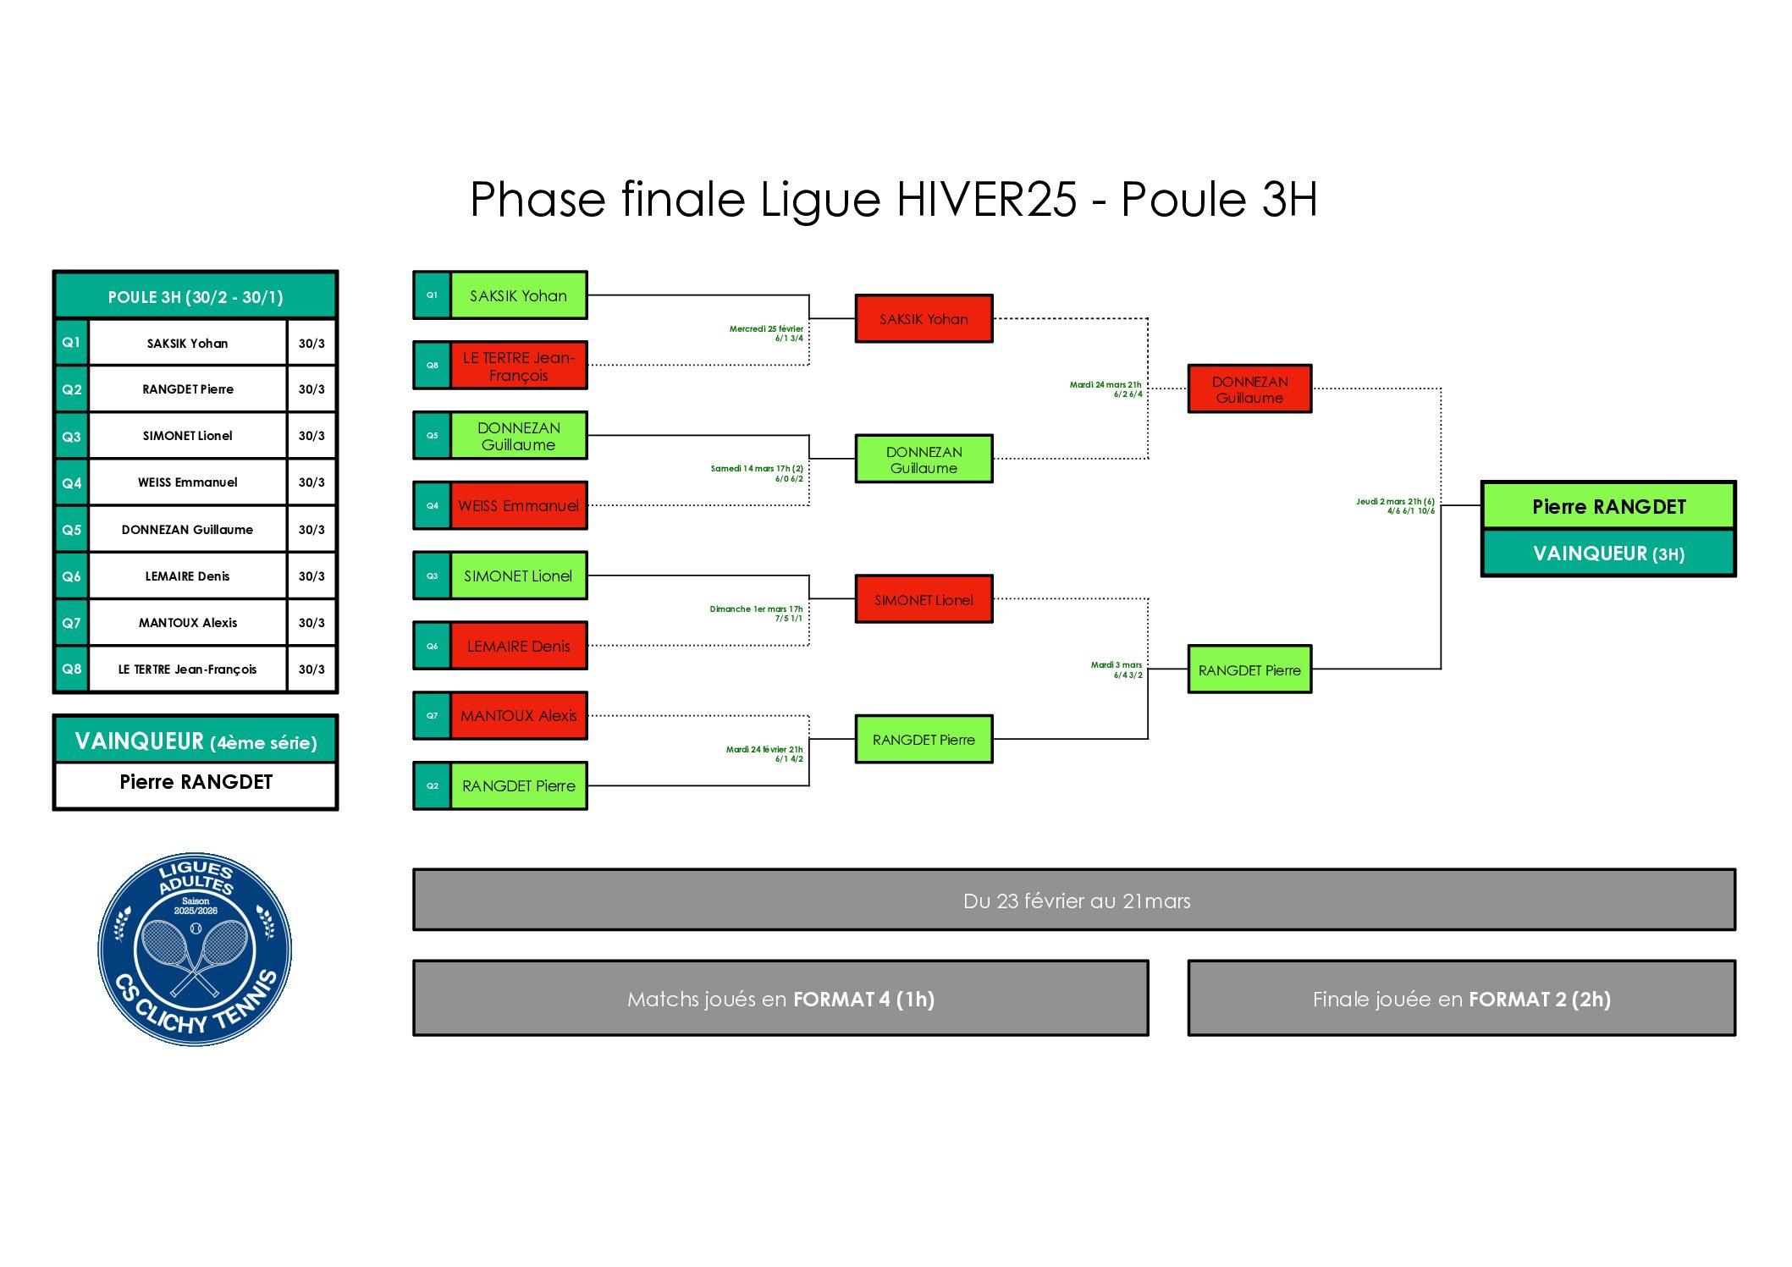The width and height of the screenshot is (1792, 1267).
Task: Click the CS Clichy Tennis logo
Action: coord(195,949)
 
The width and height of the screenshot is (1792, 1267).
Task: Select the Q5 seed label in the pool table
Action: coord(72,530)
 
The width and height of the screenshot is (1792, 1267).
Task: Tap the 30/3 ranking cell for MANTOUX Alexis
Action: coord(312,623)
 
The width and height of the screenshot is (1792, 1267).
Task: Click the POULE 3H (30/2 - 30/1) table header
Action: coord(196,297)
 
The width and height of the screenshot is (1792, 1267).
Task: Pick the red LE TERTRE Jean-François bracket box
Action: coord(518,366)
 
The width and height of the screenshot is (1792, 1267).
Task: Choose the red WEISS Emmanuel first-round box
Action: coord(518,506)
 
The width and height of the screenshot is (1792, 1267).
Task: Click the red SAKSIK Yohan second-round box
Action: coord(924,319)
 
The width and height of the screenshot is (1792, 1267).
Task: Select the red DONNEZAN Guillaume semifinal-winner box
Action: coord(1249,389)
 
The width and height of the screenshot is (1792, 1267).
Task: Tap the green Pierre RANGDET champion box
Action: coord(1608,506)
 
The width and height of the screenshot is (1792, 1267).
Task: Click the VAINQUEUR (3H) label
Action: coord(1608,554)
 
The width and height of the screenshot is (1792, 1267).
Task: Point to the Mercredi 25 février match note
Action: coord(767,333)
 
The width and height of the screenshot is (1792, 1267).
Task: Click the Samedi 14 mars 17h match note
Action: coord(758,473)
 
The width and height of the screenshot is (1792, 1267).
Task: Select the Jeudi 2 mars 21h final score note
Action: coord(1396,506)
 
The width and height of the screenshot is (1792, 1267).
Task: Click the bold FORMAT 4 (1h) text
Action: coord(863,1000)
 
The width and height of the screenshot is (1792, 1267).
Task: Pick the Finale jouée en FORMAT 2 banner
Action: coord(1461,999)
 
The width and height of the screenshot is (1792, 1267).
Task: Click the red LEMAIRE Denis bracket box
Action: coord(518,647)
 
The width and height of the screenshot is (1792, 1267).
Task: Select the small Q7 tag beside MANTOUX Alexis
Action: coord(433,716)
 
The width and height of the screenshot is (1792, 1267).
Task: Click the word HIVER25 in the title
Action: coord(986,200)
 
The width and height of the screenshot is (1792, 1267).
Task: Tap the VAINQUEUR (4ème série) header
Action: coord(196,741)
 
